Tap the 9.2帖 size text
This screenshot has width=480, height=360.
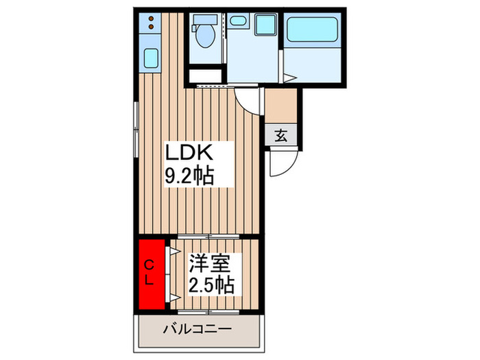(188, 176)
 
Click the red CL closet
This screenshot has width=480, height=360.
(152, 273)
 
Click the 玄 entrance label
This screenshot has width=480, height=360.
(281, 135)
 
